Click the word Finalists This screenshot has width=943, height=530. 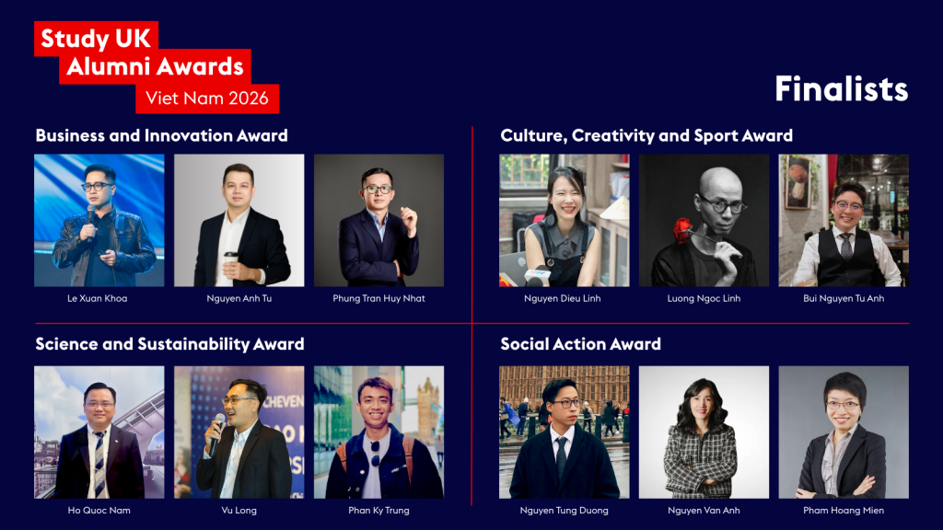[841, 89]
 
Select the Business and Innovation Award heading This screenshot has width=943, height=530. [161, 135]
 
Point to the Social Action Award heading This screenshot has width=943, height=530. [580, 344]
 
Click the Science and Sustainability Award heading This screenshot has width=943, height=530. [169, 344]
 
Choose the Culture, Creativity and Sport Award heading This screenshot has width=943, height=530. [646, 135]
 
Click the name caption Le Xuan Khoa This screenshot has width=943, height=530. [99, 298]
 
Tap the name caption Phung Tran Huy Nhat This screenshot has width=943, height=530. [378, 298]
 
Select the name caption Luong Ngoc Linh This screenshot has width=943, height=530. [704, 298]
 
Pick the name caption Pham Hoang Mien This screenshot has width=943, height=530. [844, 510]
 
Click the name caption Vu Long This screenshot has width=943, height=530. [239, 510]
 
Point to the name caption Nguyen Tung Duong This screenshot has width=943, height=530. [565, 510]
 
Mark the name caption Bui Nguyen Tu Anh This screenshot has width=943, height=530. [844, 298]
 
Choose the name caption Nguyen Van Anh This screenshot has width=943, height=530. [704, 510]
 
